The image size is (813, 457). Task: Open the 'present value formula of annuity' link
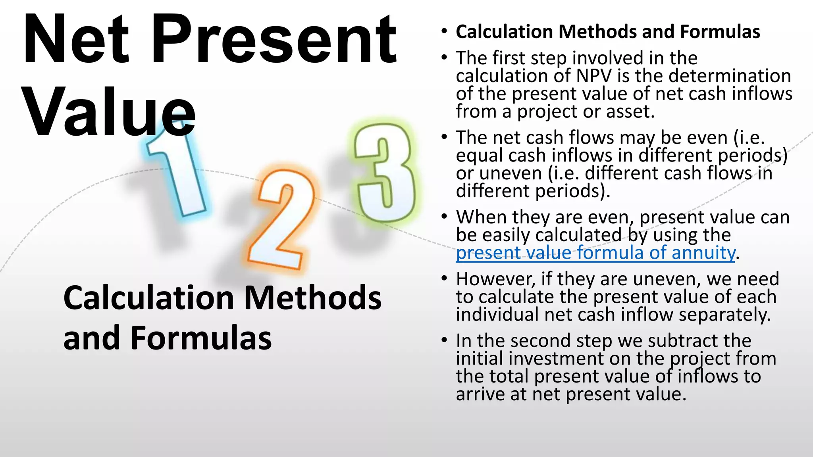[x=595, y=253]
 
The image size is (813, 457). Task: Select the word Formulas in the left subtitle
[x=201, y=338]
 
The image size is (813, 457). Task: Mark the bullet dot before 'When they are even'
[x=444, y=217]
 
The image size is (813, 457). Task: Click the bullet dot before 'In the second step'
[x=444, y=340]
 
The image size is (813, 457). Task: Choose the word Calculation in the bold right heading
[x=504, y=32]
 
